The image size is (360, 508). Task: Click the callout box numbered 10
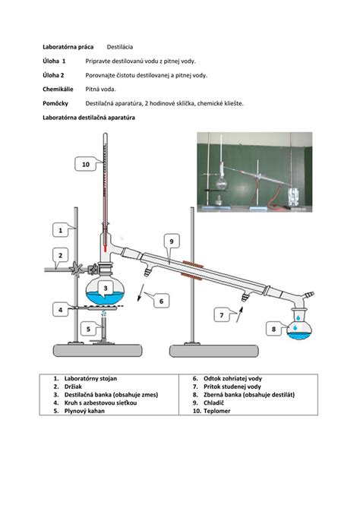86,164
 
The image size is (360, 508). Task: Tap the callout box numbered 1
61,231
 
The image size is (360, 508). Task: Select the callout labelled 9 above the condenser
172,241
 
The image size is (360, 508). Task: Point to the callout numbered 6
161,301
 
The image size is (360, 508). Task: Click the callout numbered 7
222,315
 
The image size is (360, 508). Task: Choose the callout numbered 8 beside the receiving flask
274,329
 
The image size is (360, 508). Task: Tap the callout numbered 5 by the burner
88,329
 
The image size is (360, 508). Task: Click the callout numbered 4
61,310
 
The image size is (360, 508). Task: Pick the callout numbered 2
61,256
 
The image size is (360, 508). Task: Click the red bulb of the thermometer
106,250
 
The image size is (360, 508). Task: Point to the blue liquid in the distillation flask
105,298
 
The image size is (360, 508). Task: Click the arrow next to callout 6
141,292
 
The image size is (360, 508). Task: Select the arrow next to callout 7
239,314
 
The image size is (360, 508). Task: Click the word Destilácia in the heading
120,47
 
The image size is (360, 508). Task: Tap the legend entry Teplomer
216,411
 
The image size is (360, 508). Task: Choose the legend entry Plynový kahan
84,411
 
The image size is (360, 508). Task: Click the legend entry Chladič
213,402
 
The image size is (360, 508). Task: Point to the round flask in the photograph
222,184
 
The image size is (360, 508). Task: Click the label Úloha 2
53,75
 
